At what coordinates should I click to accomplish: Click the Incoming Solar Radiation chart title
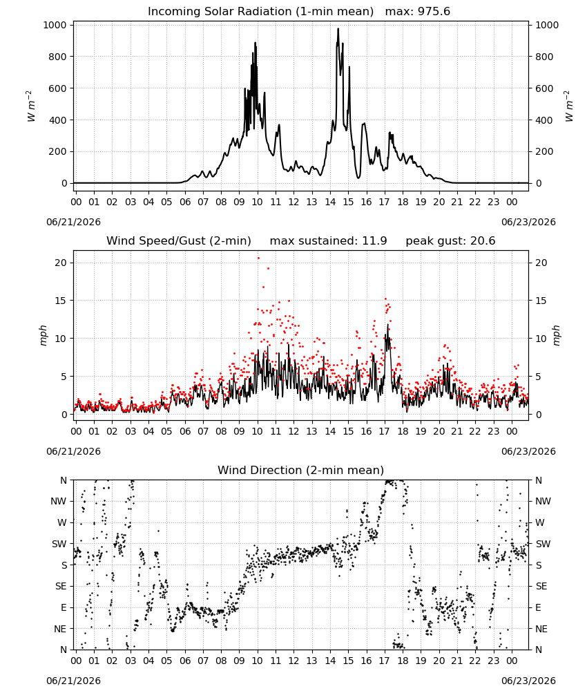click(x=260, y=11)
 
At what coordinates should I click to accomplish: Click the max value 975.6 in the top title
click(x=434, y=11)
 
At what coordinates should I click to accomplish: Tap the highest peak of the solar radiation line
click(x=338, y=28)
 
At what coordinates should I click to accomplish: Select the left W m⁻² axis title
click(x=30, y=106)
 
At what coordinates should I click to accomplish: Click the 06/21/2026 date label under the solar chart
click(x=73, y=222)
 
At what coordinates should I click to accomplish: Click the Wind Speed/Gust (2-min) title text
click(x=179, y=240)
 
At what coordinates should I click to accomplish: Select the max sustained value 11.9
click(x=374, y=240)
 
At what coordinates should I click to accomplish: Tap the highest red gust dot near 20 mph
click(x=258, y=258)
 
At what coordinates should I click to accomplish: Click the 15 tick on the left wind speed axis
click(x=61, y=301)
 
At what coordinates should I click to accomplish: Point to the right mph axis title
click(x=556, y=335)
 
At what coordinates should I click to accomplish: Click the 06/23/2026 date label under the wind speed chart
click(x=528, y=451)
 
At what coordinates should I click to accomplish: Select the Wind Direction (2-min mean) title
click(x=301, y=470)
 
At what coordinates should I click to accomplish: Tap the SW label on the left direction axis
click(x=59, y=544)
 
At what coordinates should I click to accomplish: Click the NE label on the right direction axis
click(x=541, y=629)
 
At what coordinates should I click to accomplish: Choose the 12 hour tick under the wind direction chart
click(x=293, y=661)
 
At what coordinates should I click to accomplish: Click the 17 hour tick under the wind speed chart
click(x=385, y=431)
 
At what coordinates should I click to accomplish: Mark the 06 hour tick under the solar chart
click(x=185, y=202)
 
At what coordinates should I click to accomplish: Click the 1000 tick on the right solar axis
click(x=547, y=25)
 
